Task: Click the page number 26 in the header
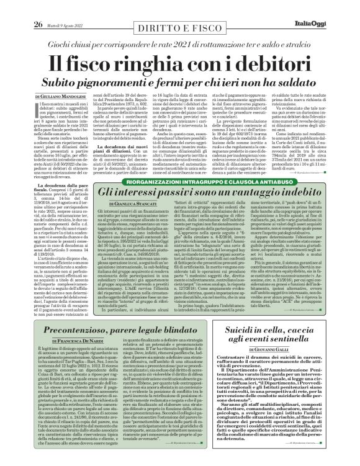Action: click(21, 7)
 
